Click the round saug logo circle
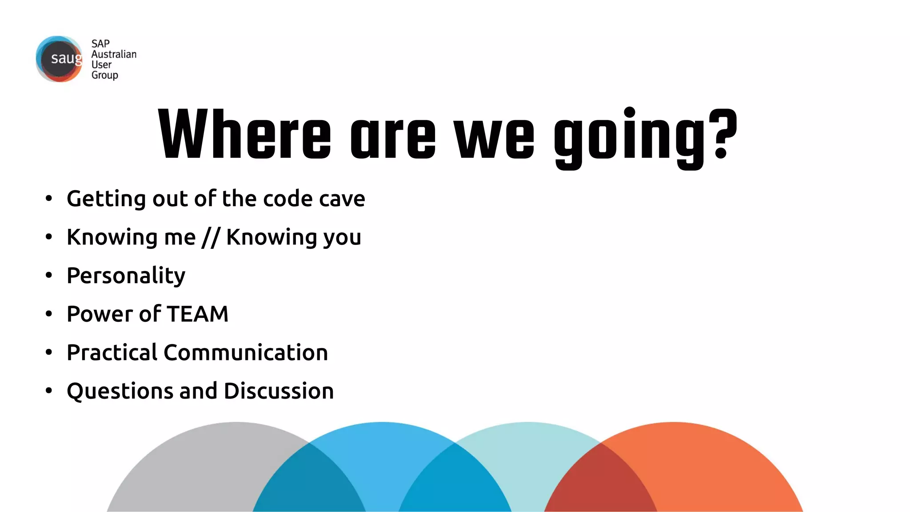(x=60, y=59)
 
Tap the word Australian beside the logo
(x=114, y=54)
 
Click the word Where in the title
(x=244, y=134)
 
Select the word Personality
(x=126, y=276)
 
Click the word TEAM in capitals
(x=198, y=314)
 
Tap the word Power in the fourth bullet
(x=100, y=314)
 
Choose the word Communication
(x=246, y=352)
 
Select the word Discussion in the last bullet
(x=279, y=391)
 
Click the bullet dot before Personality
(x=49, y=276)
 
